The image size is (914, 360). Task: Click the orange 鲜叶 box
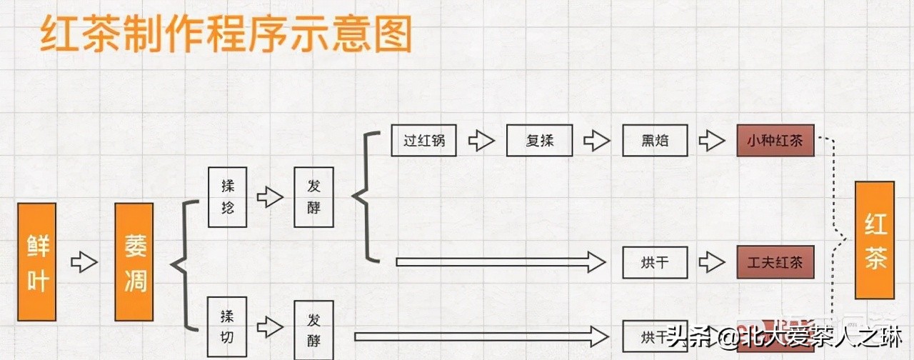tap(37, 262)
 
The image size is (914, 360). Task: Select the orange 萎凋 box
tap(134, 262)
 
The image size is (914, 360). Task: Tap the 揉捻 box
tap(228, 197)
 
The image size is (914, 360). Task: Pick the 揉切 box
tap(228, 326)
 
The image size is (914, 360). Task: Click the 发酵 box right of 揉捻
tap(313, 197)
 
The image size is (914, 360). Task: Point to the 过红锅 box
tap(423, 140)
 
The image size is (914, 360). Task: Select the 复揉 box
tap(540, 140)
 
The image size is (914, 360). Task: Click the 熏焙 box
tap(654, 140)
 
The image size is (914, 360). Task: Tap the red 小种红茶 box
tap(775, 140)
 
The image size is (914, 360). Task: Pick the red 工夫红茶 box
tap(775, 262)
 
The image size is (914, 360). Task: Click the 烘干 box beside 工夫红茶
tap(654, 262)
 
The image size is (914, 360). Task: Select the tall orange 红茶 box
tap(875, 240)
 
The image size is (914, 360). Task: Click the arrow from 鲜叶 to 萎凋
tap(84, 262)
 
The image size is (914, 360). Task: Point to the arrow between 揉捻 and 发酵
tap(270, 197)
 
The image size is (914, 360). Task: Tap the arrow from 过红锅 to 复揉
tap(481, 140)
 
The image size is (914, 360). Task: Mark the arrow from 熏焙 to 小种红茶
tap(711, 140)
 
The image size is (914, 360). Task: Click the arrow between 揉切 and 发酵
tap(270, 327)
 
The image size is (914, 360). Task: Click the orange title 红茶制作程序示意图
tap(226, 34)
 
